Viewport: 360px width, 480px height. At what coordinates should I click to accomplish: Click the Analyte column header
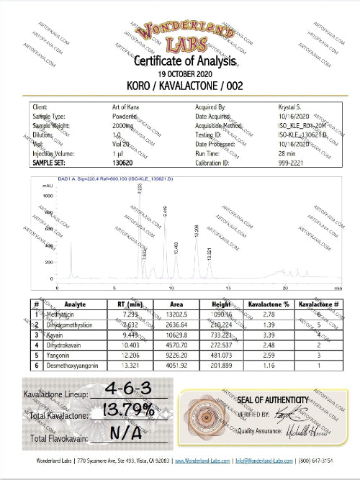pyautogui.click(x=75, y=304)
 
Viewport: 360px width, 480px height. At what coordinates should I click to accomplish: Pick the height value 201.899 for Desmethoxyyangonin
pyautogui.click(x=222, y=366)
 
